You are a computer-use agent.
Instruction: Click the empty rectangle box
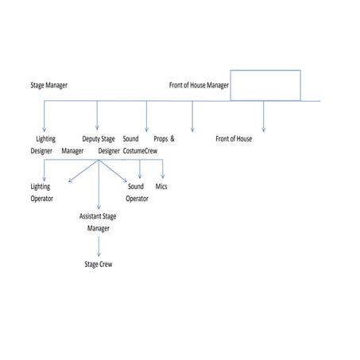click(x=265, y=85)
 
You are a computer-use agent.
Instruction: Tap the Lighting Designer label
click(x=44, y=145)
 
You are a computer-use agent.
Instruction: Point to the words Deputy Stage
click(x=99, y=139)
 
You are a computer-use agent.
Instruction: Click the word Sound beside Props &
click(x=131, y=139)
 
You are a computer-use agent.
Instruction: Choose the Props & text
click(x=164, y=139)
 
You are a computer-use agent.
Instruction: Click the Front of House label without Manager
click(x=234, y=139)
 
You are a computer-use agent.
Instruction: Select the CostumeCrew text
click(x=140, y=150)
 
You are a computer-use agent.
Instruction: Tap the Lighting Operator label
click(x=41, y=192)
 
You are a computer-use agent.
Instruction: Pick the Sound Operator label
click(x=136, y=192)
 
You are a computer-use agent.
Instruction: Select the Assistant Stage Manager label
click(x=99, y=222)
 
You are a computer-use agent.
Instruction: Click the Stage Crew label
click(x=99, y=264)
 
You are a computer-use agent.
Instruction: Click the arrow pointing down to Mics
click(x=162, y=169)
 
